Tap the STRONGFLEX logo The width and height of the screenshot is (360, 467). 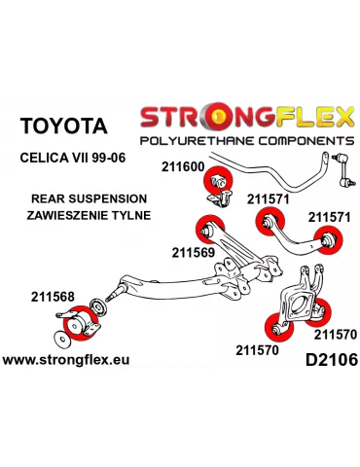[247, 119]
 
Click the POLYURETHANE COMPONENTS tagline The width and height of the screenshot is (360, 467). [247, 141]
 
